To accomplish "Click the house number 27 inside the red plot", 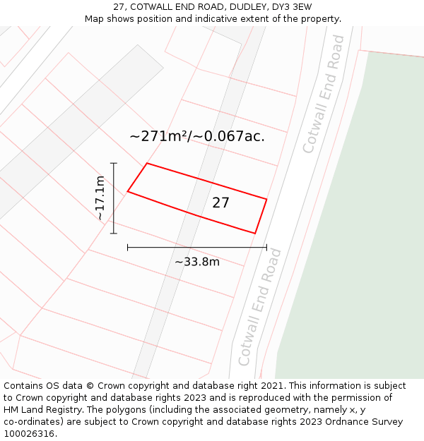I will pyautogui.click(x=220, y=203).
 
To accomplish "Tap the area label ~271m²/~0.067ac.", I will pyautogui.click(x=197, y=136).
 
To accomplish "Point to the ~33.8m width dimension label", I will pyautogui.click(x=197, y=262).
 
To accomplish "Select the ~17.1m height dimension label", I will pyautogui.click(x=100, y=198).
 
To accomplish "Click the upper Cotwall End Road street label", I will pyautogui.click(x=324, y=94).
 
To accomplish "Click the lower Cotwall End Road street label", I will pyautogui.click(x=260, y=307).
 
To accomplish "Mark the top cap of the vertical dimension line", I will pyautogui.click(x=114, y=163).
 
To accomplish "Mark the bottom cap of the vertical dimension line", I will pyautogui.click(x=114, y=233).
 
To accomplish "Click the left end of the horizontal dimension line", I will pyautogui.click(x=127, y=247).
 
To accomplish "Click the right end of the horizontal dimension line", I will pyautogui.click(x=266, y=247).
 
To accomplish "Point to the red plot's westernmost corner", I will pyautogui.click(x=127, y=191).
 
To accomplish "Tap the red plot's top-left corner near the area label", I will pyautogui.click(x=146, y=164).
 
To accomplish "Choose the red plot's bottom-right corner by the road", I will pyautogui.click(x=254, y=233).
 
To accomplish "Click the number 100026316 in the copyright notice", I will pyautogui.click(x=28, y=433).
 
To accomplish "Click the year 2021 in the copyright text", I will pyautogui.click(x=273, y=386).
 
